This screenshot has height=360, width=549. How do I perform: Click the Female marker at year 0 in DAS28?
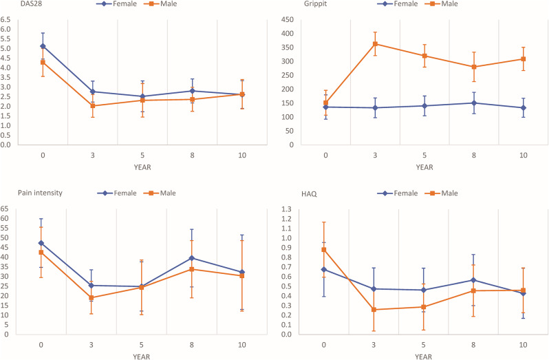coord(43,46)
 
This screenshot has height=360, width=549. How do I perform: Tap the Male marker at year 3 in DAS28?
coord(91,106)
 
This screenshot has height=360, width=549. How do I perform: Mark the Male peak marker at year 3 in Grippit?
coord(375,44)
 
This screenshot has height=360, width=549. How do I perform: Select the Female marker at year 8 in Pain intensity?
coord(191,258)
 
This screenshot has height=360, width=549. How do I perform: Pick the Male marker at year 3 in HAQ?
coord(374,310)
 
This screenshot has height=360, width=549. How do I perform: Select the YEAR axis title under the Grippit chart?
coord(424,166)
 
